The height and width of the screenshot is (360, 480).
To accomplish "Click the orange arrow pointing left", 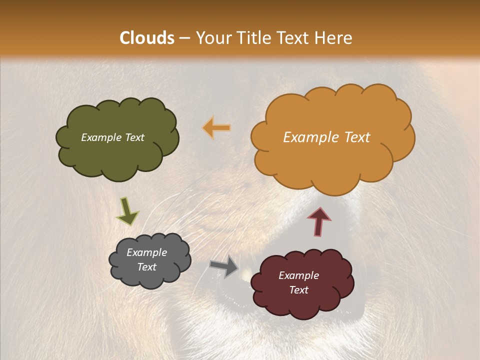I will click(217, 128).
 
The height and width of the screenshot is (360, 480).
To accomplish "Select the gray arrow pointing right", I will click(224, 266).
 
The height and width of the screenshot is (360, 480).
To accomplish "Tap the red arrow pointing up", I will click(318, 221).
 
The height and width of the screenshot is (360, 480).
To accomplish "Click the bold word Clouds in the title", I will click(147, 38).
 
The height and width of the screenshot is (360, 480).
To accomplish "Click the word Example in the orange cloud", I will click(310, 137).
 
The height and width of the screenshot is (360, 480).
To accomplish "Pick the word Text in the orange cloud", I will click(356, 137).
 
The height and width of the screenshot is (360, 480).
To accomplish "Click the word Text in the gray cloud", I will click(147, 267).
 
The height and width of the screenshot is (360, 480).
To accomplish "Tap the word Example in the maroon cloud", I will click(298, 275).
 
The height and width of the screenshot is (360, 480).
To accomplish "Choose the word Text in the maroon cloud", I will click(298, 290).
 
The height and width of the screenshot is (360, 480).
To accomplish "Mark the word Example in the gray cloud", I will click(147, 252).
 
